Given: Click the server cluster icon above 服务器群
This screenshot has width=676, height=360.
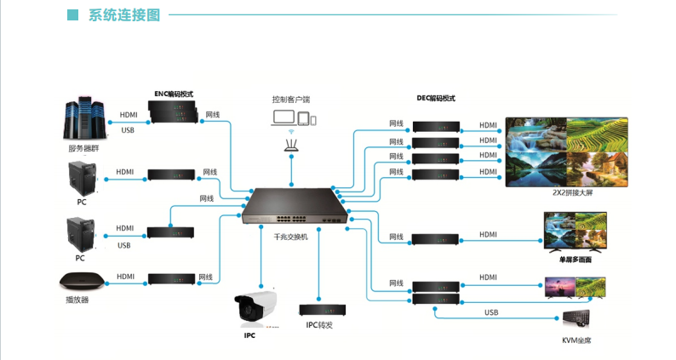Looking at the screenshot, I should click(x=83, y=119).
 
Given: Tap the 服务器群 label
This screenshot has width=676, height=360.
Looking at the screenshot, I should click(x=84, y=148).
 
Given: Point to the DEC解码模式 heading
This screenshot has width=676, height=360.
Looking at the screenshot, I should click(x=436, y=98).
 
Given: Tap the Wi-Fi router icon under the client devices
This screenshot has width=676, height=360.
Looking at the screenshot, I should click(x=292, y=144).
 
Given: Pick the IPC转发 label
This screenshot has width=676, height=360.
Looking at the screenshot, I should click(x=319, y=325).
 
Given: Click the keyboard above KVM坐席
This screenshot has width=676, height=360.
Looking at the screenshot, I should click(x=586, y=321).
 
